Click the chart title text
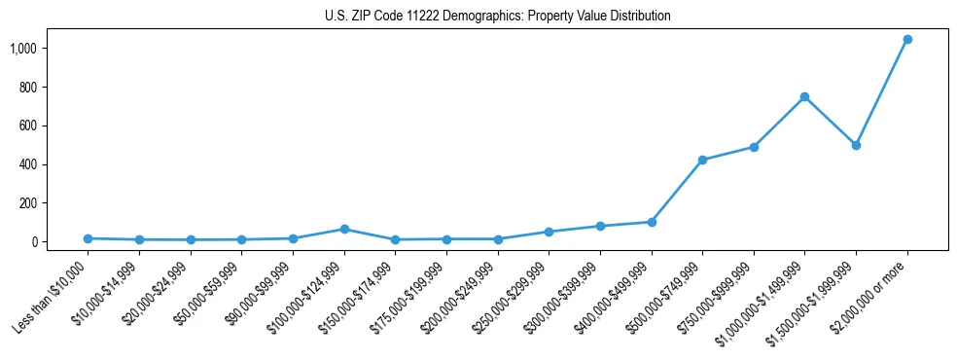(x=498, y=16)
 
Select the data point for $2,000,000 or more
(x=907, y=40)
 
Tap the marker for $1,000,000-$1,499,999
(x=805, y=97)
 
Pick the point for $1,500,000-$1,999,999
(x=856, y=145)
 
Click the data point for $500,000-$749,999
(x=702, y=160)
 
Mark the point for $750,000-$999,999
(x=754, y=147)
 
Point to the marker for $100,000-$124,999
(x=344, y=229)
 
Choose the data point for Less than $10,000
(x=89, y=238)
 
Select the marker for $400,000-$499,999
(x=652, y=222)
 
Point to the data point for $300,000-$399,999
(x=600, y=226)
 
